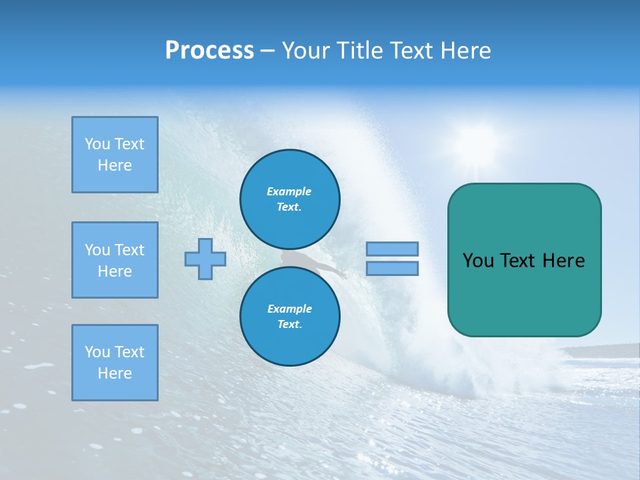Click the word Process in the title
(209, 51)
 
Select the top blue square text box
(115, 155)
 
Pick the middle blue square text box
(115, 260)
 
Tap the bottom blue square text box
(115, 362)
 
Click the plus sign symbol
(205, 259)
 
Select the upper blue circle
(290, 199)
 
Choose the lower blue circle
(290, 317)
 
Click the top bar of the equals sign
(392, 249)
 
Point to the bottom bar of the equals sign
(392, 268)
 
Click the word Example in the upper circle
(289, 191)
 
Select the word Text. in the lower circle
(289, 325)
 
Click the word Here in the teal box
(563, 261)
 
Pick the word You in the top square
(97, 144)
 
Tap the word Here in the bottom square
(115, 373)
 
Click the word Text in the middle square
(129, 250)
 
